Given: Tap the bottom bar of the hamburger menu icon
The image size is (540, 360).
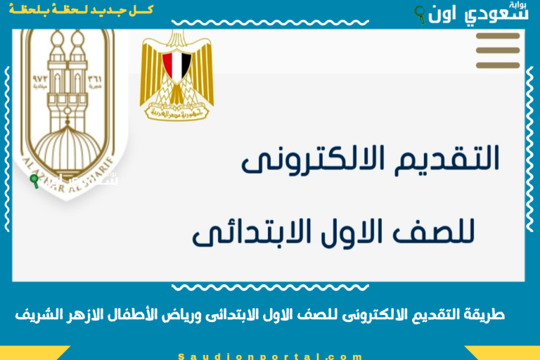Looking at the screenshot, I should click(498, 65).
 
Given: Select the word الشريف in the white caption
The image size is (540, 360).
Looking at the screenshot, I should click(35, 315).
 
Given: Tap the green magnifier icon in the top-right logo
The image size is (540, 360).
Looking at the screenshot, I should click(420, 12).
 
